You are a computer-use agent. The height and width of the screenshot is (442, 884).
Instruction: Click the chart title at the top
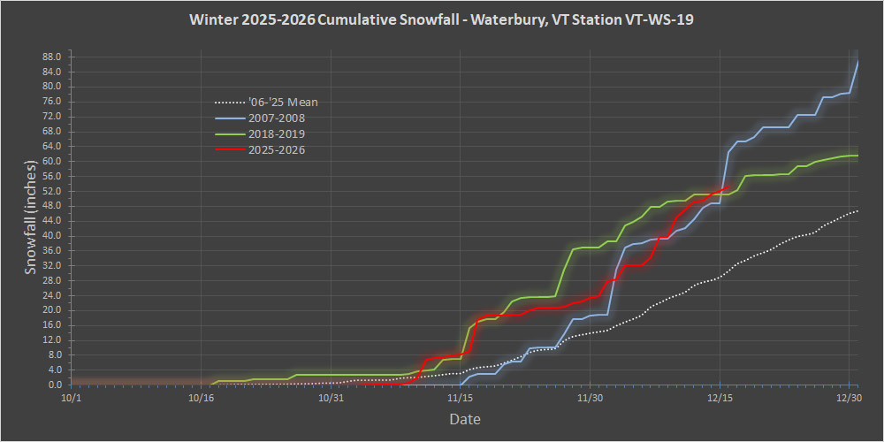click(441, 19)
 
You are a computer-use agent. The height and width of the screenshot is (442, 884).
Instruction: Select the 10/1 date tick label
click(72, 399)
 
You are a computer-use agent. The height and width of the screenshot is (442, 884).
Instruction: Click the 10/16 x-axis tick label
click(201, 399)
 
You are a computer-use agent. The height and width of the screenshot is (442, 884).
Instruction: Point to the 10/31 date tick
click(331, 399)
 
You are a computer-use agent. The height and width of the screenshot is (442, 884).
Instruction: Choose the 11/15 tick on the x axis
click(461, 399)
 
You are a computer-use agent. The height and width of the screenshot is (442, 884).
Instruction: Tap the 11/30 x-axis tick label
click(591, 399)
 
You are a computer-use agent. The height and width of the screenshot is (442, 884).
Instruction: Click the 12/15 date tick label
click(720, 399)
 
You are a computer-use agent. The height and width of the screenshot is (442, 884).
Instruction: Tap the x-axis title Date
click(464, 419)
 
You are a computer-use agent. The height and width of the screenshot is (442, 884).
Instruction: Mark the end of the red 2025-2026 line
click(727, 187)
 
